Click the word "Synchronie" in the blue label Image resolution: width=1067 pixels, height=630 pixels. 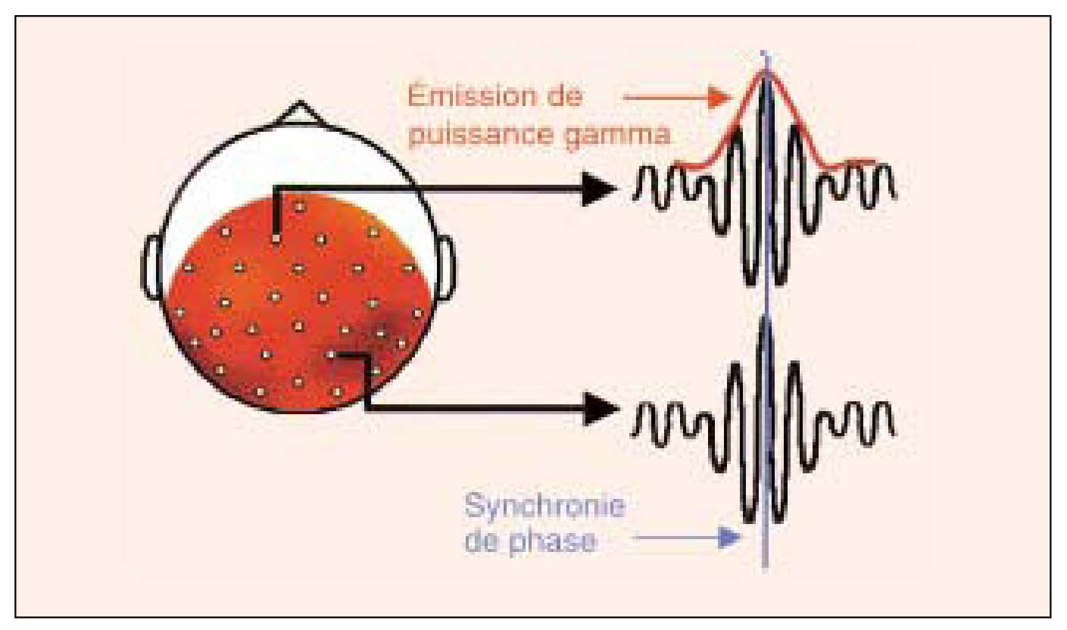click(x=544, y=506)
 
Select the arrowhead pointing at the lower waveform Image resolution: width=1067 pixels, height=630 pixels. click(x=602, y=409)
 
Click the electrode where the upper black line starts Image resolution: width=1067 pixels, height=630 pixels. click(x=276, y=239)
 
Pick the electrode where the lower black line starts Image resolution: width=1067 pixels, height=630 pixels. click(x=331, y=354)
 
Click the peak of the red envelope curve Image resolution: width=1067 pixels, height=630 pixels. click(x=766, y=72)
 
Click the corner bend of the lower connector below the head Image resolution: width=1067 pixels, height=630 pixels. click(x=367, y=409)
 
